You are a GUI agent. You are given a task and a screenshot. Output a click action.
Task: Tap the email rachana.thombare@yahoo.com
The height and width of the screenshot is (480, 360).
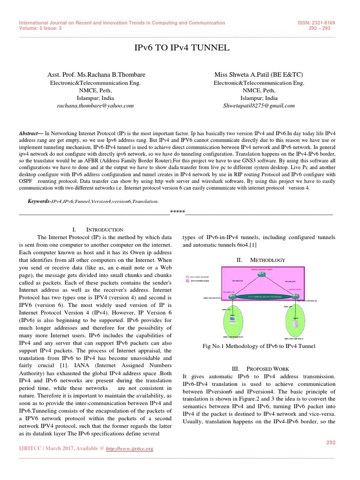pyautogui.click(x=95, y=106)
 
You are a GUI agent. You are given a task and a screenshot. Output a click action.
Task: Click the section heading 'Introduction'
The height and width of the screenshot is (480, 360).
pyautogui.click(x=105, y=230)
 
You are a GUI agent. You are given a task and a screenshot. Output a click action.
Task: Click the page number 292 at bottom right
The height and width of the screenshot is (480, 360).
pyautogui.click(x=331, y=442)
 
